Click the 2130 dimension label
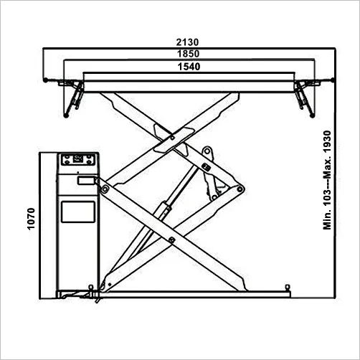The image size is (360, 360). (187, 42)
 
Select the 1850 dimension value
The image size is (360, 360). (188, 54)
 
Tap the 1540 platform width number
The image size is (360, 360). (189, 67)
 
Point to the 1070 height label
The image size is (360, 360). (31, 219)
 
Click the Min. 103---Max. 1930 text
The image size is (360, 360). (327, 180)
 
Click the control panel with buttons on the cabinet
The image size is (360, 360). (78, 159)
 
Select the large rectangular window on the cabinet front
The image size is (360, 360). (78, 212)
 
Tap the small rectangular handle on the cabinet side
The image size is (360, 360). (85, 180)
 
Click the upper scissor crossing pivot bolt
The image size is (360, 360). (172, 138)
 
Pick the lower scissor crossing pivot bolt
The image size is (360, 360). (171, 240)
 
